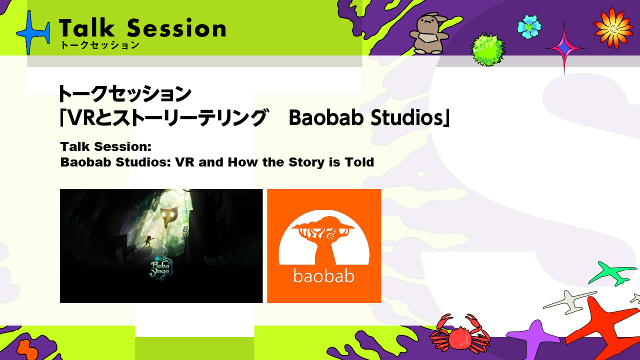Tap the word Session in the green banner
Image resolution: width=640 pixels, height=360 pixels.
[176, 28]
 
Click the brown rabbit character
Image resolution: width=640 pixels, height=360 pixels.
[428, 33]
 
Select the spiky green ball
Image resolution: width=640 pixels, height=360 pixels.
[488, 49]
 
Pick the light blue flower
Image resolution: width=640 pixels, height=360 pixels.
[529, 26]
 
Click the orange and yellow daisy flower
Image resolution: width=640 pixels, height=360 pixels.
[613, 28]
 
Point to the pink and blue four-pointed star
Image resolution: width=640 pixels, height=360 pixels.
[564, 48]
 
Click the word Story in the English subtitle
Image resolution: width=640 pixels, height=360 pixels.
[307, 162]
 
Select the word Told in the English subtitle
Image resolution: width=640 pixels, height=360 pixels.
[359, 162]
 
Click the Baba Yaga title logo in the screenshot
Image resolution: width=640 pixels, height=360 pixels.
[160, 269]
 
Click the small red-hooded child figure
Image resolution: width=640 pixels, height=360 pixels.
[148, 241]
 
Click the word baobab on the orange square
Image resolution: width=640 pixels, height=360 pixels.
[324, 275]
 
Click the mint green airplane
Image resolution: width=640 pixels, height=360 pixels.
[612, 273]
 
